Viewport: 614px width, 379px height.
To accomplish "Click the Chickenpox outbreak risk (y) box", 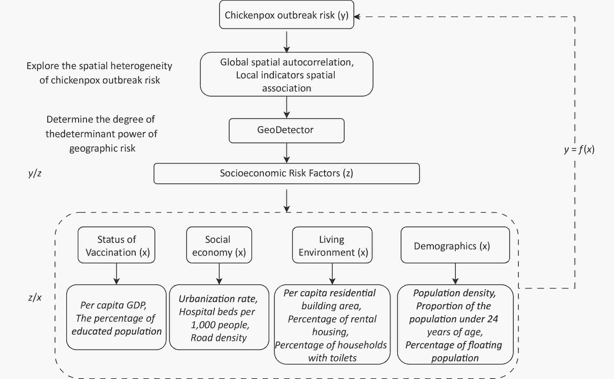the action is (x=287, y=15).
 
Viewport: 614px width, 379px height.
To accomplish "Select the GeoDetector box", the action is (x=287, y=131).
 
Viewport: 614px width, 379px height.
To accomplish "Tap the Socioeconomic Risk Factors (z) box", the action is (x=287, y=173).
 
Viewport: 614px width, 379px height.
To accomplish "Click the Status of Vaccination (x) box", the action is (x=116, y=245).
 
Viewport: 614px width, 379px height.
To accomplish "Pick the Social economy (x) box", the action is (x=219, y=245).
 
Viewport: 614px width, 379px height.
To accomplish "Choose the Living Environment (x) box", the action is (x=332, y=245).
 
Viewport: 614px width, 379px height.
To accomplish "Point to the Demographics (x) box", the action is (x=455, y=245).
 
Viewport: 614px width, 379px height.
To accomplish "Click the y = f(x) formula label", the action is (x=579, y=149).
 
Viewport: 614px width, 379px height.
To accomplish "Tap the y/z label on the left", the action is (x=35, y=173).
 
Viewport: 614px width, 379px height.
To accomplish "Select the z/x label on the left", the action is (x=35, y=298).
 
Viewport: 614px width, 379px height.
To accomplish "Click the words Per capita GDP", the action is (x=113, y=305).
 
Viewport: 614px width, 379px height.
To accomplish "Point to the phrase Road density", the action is (x=219, y=338).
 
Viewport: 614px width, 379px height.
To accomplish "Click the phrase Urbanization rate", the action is (x=218, y=299).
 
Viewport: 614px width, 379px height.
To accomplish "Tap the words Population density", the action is (x=454, y=293).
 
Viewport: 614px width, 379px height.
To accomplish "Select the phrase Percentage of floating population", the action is (x=454, y=352).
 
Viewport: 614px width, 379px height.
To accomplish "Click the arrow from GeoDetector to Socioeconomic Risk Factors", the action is (x=287, y=153).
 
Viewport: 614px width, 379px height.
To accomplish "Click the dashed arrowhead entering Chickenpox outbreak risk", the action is (x=357, y=17).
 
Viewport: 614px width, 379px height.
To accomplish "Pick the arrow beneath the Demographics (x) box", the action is (x=455, y=274).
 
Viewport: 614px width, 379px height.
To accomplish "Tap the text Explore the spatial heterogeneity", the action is (x=99, y=66).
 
